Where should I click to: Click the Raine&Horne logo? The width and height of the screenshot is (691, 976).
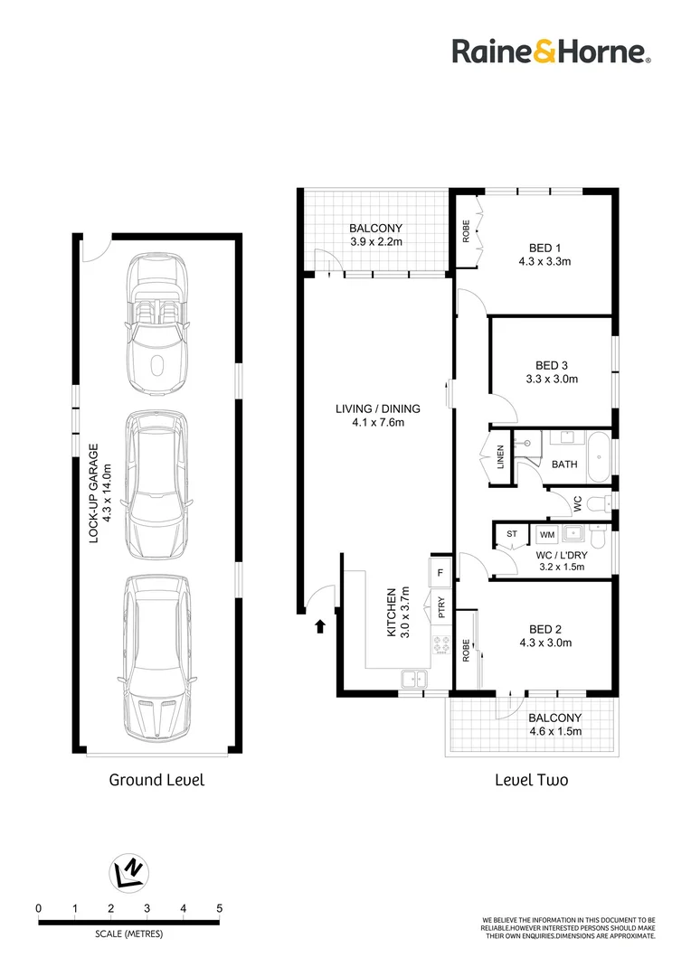pyautogui.click(x=551, y=52)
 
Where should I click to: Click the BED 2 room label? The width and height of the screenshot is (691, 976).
pyautogui.click(x=544, y=636)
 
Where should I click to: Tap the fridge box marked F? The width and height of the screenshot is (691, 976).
pyautogui.click(x=440, y=572)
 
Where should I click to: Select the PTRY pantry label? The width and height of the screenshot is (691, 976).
pyautogui.click(x=441, y=607)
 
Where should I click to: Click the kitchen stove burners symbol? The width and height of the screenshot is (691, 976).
pyautogui.click(x=442, y=645)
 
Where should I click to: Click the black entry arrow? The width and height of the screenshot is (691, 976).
pyautogui.click(x=319, y=626)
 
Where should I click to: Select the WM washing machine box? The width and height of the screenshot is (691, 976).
pyautogui.click(x=546, y=534)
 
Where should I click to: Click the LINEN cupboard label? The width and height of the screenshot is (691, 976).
pyautogui.click(x=499, y=455)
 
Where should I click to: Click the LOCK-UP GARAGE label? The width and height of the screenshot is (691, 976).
pyautogui.click(x=99, y=493)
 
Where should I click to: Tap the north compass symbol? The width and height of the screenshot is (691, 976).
pyautogui.click(x=128, y=870)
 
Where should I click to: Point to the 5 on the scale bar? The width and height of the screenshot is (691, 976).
pyautogui.click(x=219, y=908)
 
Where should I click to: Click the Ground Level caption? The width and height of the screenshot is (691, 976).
pyautogui.click(x=156, y=779)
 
